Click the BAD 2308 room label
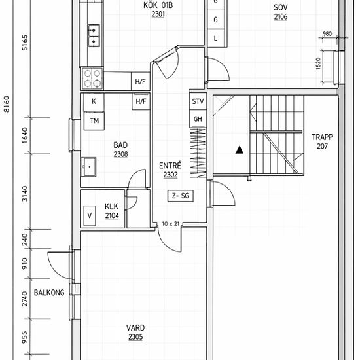121,150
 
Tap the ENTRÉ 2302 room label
170,170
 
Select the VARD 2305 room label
135,333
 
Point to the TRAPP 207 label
322,141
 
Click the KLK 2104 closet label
112,211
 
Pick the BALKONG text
49,293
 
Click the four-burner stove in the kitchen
92,78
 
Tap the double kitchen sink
94,36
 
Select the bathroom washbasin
88,167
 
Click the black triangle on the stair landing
240,150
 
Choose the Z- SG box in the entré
181,196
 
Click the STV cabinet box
198,101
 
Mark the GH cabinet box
198,118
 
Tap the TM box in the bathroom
94,121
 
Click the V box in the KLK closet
90,215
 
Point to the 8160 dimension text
7,104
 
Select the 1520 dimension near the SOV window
319,63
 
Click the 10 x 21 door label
170,224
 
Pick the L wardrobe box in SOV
215,39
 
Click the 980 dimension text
327,34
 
